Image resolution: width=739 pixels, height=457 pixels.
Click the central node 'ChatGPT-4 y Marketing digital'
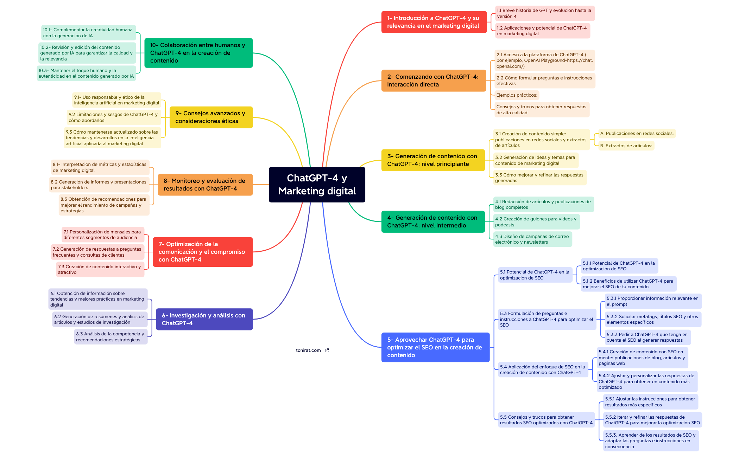[x=317, y=185]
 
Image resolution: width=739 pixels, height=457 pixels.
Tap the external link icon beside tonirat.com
[x=327, y=350]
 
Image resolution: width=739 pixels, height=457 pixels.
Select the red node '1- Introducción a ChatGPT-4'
[x=434, y=22]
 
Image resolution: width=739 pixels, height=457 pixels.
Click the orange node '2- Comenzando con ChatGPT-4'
[x=433, y=81]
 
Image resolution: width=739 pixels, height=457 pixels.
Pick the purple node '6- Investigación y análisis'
[x=204, y=319]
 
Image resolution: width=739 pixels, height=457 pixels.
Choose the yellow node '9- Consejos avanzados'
[x=211, y=117]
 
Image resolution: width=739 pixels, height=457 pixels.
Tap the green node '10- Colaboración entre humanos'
[x=198, y=53]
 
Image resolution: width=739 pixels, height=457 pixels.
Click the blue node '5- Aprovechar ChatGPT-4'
[x=435, y=347]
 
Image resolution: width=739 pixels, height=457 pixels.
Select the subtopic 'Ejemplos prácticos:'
[x=517, y=95]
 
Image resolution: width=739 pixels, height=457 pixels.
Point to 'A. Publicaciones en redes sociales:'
[x=637, y=134]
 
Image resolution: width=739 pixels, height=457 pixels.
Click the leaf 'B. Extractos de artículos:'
[x=626, y=146]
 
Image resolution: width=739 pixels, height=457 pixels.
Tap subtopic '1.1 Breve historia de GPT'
[x=544, y=13]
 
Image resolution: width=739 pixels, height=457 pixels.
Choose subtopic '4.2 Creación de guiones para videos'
[x=536, y=222]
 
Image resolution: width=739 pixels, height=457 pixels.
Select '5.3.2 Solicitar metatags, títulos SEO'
[x=652, y=319]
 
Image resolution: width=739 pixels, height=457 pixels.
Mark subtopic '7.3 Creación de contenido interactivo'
[x=100, y=269]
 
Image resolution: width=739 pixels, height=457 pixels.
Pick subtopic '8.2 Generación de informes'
[x=99, y=185]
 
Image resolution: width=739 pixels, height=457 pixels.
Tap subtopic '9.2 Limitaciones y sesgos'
[x=113, y=117]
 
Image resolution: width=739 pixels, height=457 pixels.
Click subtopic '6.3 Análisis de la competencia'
[x=110, y=337]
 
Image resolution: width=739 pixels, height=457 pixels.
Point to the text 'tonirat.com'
[x=308, y=350]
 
